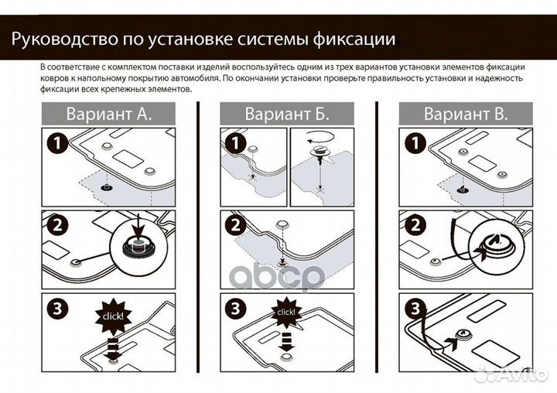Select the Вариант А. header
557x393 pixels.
108,115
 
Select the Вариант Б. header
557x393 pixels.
287,115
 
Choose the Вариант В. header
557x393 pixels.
466,115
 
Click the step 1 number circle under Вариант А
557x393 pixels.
56,144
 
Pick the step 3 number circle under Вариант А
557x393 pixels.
56,309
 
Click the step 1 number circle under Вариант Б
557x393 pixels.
234,144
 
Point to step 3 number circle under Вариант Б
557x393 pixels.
234,309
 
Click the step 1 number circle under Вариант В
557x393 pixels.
413,144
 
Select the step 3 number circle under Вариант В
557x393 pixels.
413,309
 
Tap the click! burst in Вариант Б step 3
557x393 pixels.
285,312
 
